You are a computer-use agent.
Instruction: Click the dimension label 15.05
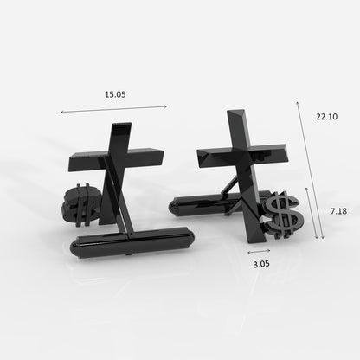[x=114, y=93]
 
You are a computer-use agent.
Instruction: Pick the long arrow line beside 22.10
[x=310, y=169]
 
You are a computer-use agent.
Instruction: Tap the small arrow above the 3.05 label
[x=258, y=251]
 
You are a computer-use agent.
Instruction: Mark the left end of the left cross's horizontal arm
[x=71, y=164]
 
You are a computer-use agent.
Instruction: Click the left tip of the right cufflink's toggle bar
[x=172, y=205]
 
